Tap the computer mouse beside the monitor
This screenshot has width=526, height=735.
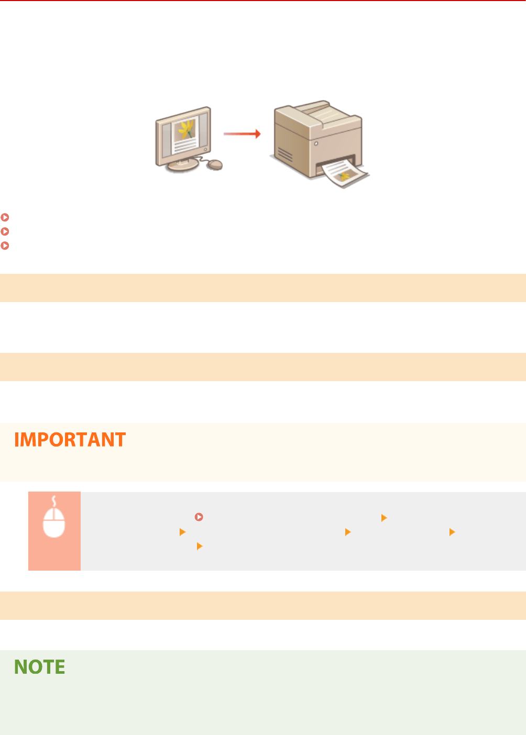coord(215,165)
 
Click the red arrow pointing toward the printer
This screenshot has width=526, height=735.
coord(242,134)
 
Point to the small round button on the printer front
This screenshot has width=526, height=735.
coord(316,143)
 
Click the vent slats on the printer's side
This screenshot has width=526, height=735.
coord(285,155)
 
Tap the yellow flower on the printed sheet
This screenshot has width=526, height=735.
coord(344,176)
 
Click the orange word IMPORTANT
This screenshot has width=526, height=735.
coord(70,440)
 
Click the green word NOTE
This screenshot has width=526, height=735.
coord(40,667)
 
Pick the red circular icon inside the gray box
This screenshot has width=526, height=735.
coord(199,517)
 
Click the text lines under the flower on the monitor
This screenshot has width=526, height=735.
coord(185,144)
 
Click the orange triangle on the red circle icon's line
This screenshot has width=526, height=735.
coord(384,518)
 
